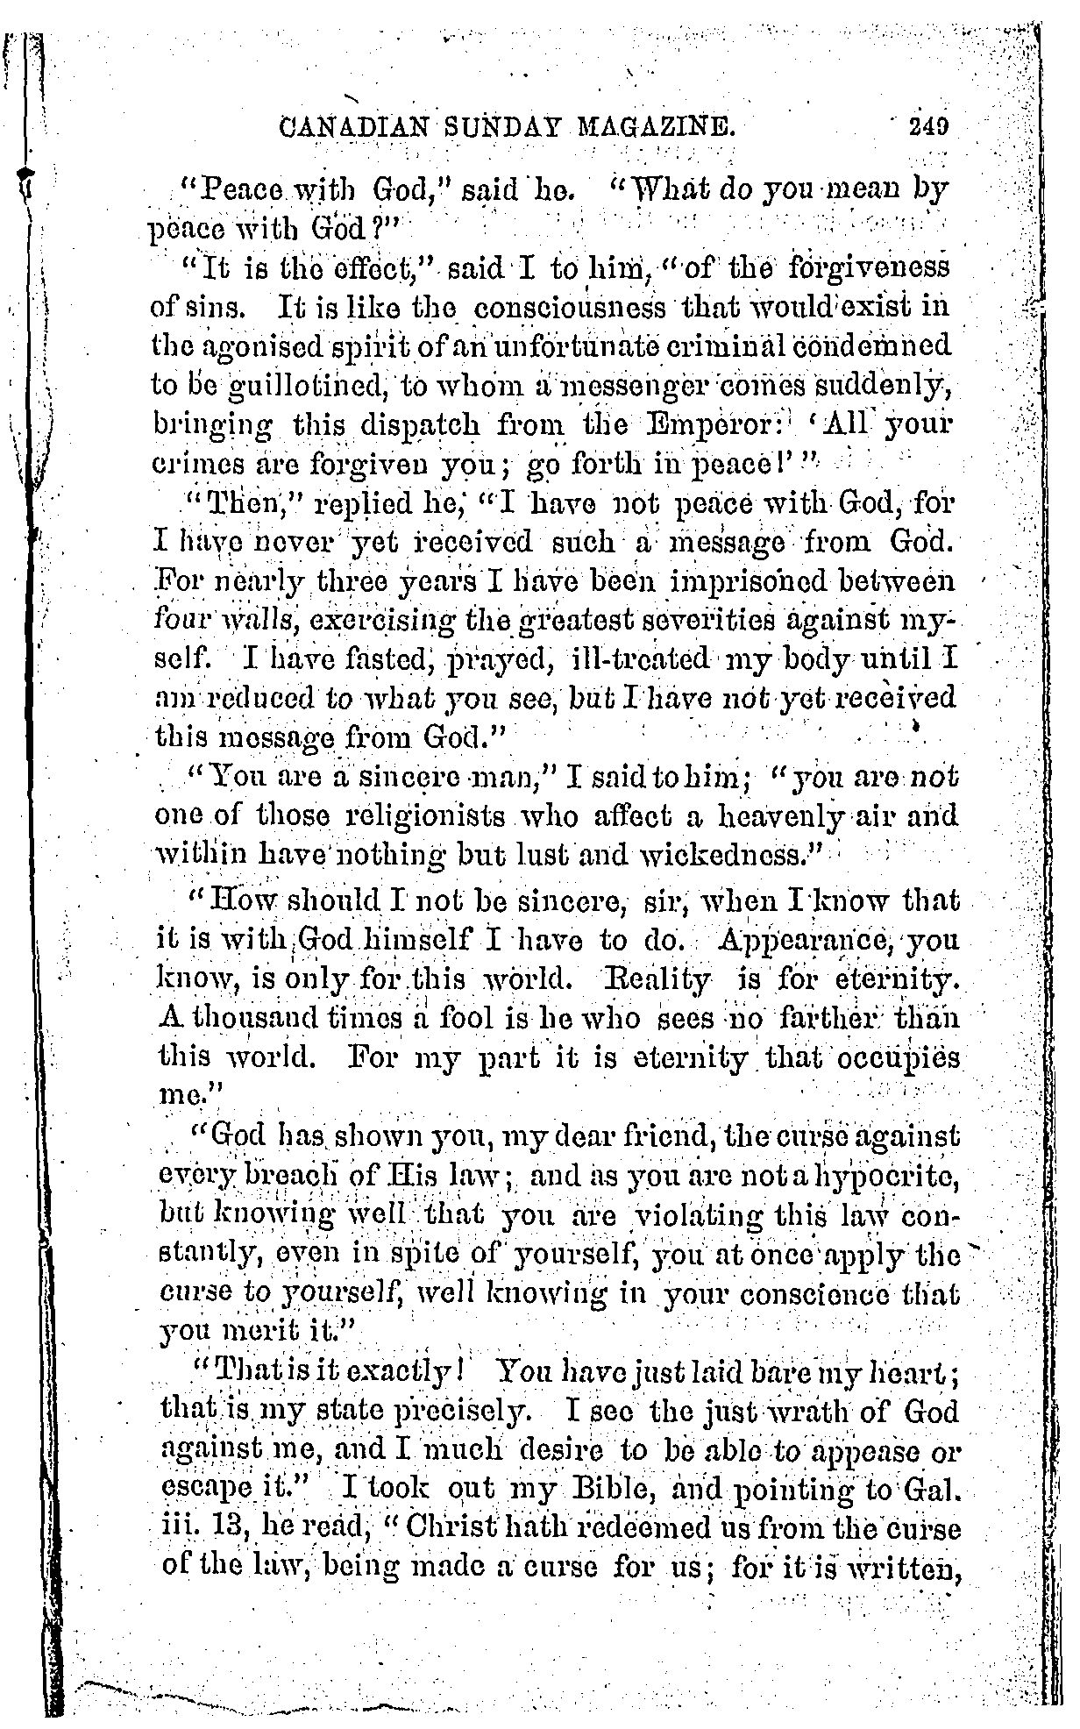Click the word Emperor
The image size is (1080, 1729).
point(751,425)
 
